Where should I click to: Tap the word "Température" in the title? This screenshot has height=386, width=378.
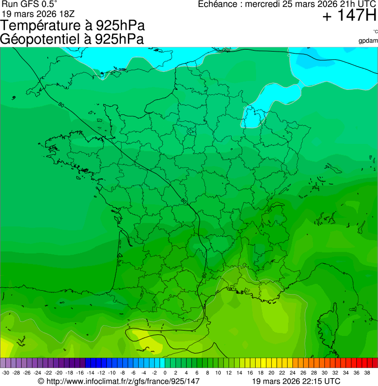point(43,26)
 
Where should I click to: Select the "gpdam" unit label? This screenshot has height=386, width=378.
point(368,41)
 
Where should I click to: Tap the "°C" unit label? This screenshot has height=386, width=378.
point(375,32)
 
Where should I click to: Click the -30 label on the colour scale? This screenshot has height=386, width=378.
point(5,373)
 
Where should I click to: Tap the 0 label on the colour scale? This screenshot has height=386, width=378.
point(165,373)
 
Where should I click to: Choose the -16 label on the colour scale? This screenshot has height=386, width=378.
point(80,373)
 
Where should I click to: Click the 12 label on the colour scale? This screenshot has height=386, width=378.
point(229,373)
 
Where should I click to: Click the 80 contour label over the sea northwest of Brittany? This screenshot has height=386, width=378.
point(61,105)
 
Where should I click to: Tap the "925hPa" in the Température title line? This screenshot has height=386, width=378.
point(120,26)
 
